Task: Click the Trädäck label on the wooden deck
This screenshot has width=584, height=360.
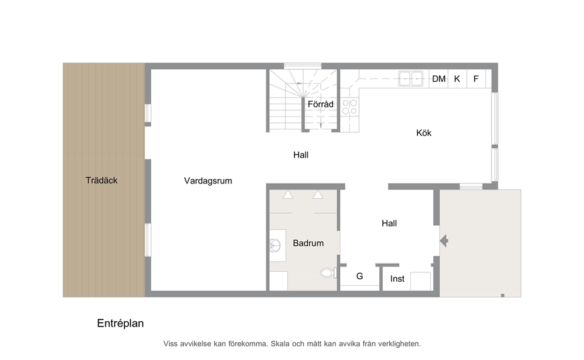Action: pyautogui.click(x=101, y=181)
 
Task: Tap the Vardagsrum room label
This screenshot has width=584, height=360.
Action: pyautogui.click(x=208, y=181)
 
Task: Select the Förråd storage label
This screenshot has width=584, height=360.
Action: pyautogui.click(x=320, y=104)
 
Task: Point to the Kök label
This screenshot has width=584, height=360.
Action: pyautogui.click(x=424, y=133)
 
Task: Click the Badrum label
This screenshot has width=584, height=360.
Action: pyautogui.click(x=308, y=244)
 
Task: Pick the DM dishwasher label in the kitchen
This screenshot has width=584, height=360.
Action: pyautogui.click(x=439, y=79)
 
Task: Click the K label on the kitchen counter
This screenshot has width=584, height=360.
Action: pyautogui.click(x=457, y=79)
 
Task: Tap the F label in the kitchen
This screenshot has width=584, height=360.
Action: pyautogui.click(x=476, y=79)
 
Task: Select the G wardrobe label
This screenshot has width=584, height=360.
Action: pyautogui.click(x=360, y=276)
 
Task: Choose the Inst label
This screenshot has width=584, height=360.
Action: pyautogui.click(x=397, y=279)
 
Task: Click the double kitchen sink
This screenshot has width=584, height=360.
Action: pyautogui.click(x=410, y=79)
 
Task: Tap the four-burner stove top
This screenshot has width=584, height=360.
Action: pyautogui.click(x=350, y=107)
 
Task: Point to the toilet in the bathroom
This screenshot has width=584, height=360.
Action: pyautogui.click(x=328, y=273)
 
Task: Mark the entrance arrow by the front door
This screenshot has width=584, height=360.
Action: pyautogui.click(x=443, y=241)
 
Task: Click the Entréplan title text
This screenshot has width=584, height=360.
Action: pyautogui.click(x=120, y=323)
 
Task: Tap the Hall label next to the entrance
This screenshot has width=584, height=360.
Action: pyautogui.click(x=389, y=224)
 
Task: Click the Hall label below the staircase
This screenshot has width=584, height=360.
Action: pyautogui.click(x=301, y=155)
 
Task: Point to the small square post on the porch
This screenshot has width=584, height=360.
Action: pyautogui.click(x=502, y=296)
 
